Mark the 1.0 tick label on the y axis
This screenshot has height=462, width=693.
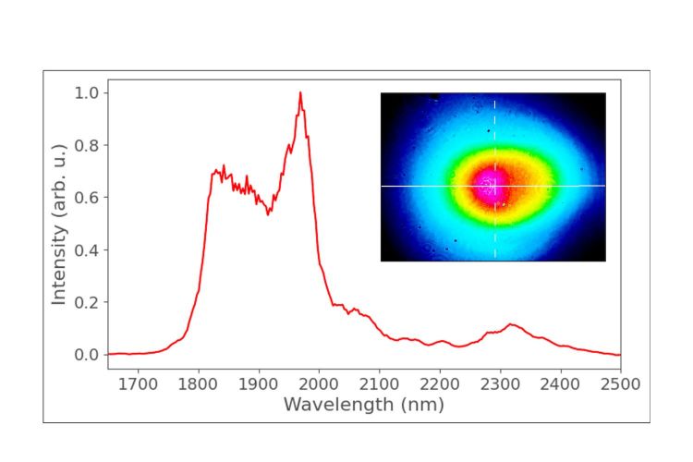pos(86,93)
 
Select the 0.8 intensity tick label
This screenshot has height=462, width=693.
pos(86,146)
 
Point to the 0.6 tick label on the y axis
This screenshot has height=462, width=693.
pos(86,198)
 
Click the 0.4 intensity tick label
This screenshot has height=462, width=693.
pos(86,250)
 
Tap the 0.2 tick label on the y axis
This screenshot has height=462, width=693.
pos(86,302)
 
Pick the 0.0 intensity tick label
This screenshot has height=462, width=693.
pos(86,355)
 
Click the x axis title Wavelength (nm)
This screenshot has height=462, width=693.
pos(363,405)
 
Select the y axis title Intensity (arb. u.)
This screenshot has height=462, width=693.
pos(59,224)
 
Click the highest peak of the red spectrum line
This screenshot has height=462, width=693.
pos(300,93)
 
